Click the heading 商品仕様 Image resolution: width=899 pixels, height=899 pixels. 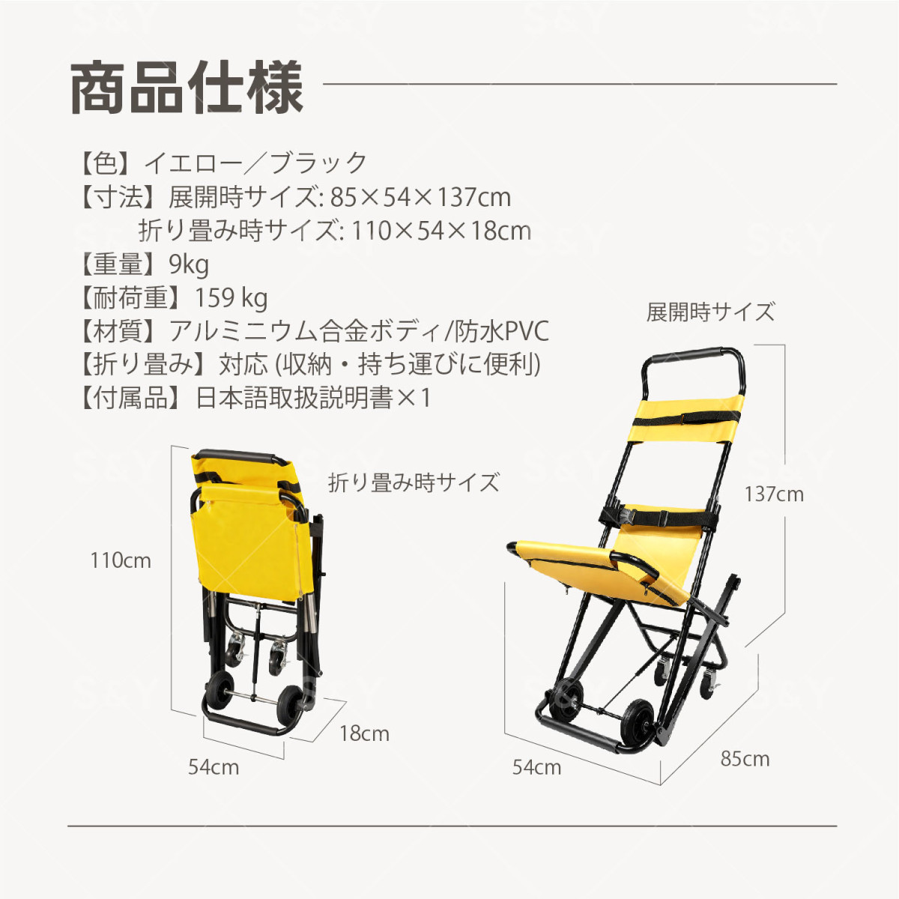[187, 88]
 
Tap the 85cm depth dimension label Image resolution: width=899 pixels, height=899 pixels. [745, 760]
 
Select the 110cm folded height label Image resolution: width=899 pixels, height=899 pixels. [121, 561]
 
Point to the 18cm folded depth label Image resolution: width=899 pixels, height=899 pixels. [364, 734]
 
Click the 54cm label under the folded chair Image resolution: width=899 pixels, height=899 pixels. [214, 767]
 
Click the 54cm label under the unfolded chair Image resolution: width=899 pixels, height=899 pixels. [536, 767]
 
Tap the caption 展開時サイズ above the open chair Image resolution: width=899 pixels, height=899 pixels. [710, 312]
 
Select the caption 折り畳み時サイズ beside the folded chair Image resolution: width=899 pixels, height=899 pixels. [414, 482]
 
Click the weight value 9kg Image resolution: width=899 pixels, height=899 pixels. [189, 265]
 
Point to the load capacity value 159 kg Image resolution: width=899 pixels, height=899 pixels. [231, 299]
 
